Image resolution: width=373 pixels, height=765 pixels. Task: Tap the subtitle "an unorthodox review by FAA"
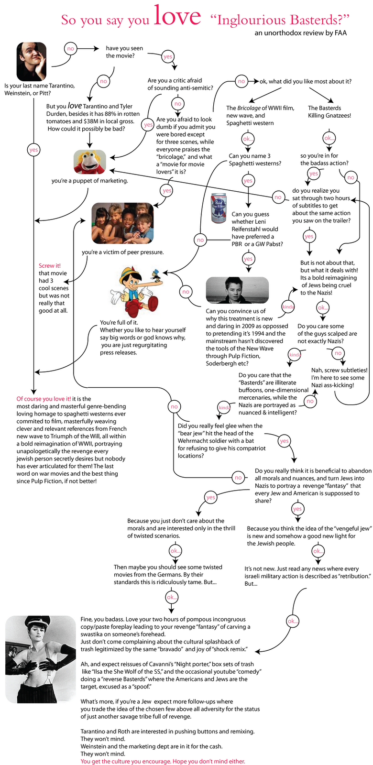pos(300,33)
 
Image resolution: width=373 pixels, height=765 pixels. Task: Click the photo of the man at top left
pos(32,62)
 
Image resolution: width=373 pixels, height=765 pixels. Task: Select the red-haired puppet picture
pos(90,162)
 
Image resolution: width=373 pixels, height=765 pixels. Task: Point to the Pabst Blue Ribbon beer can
pos(219,208)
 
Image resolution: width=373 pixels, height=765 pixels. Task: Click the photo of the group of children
pos(123,223)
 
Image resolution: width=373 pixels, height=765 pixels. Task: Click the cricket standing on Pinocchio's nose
pos(154,275)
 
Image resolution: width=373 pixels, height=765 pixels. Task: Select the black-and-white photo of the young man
pos(237,290)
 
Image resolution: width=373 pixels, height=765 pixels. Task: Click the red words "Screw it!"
pos(50,266)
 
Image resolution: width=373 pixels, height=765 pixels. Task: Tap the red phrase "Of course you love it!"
pos(44,399)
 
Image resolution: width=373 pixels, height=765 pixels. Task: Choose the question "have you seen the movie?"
pos(124,52)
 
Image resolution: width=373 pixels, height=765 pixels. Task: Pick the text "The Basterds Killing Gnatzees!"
pos(329,112)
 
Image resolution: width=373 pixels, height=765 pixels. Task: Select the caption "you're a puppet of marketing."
pos(90,181)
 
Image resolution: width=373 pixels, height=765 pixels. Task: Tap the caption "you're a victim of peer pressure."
pos(122,252)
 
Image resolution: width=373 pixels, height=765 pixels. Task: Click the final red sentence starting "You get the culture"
pos(163,761)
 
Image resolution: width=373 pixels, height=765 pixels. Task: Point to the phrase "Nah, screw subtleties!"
pos(339,370)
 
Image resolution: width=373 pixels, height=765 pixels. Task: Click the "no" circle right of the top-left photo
pos(71,48)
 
